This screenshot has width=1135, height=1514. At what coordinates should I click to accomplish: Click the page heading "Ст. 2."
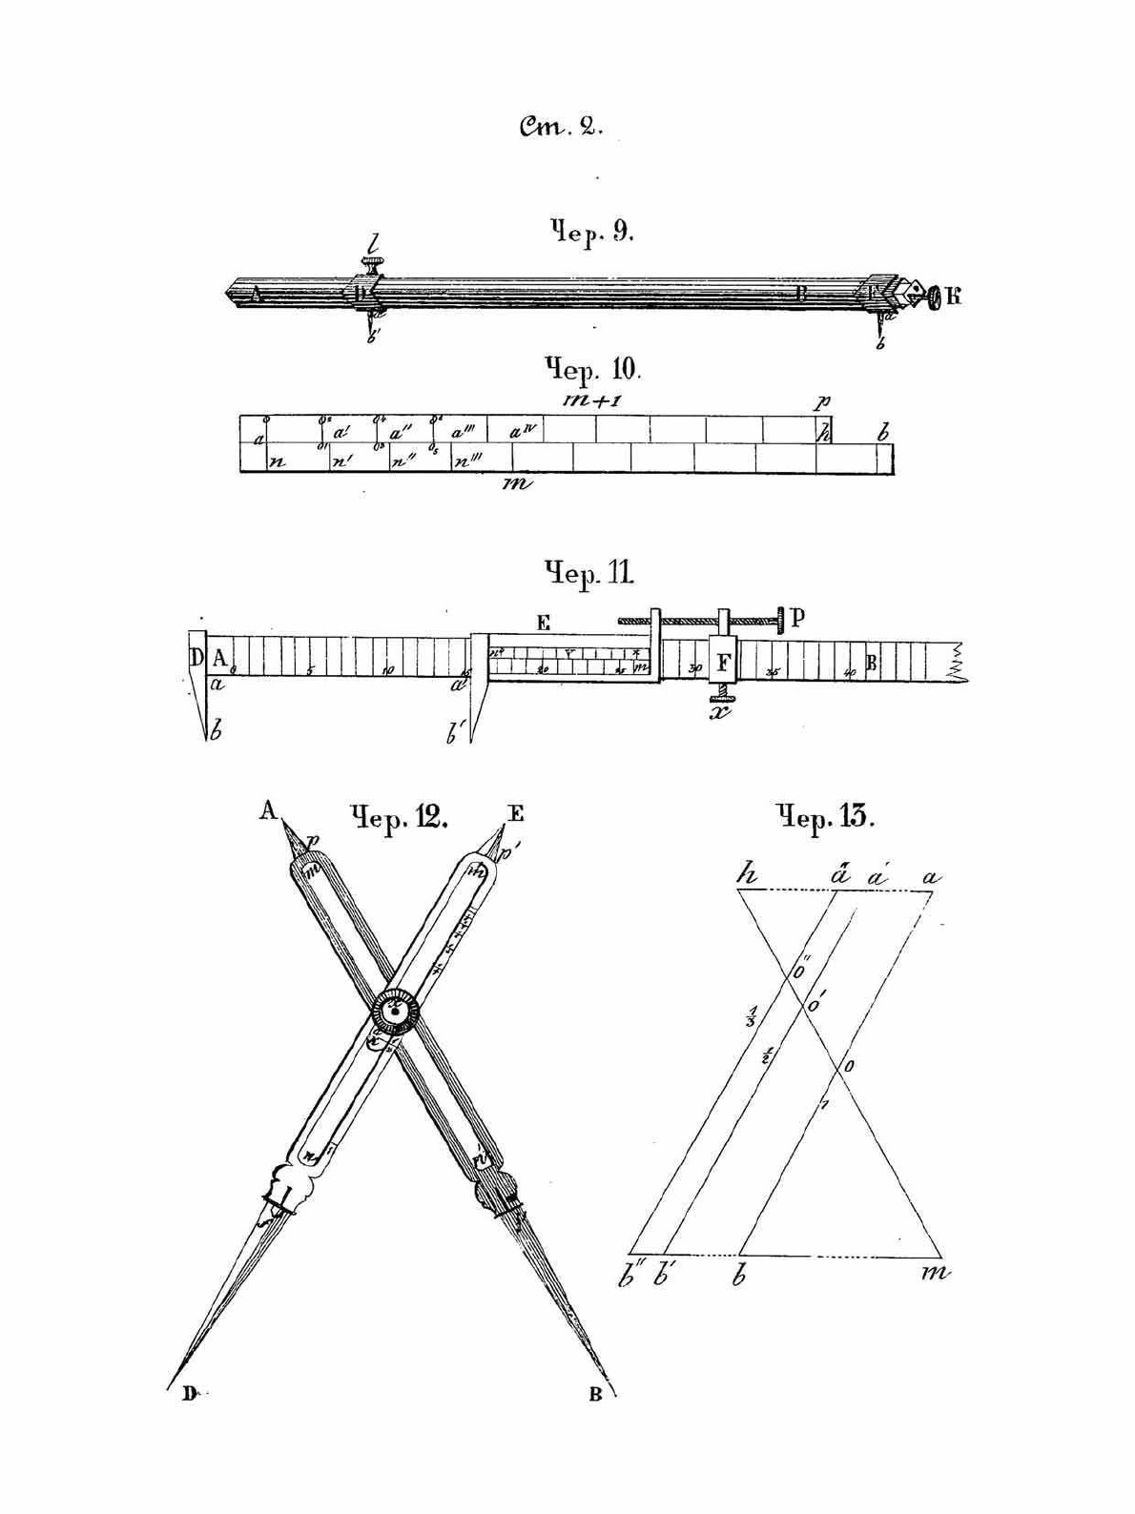561,127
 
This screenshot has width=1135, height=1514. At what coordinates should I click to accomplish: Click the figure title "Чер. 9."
591,232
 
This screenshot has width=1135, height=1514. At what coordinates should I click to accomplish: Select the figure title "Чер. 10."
594,369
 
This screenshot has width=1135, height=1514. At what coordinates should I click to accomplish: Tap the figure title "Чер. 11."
588,573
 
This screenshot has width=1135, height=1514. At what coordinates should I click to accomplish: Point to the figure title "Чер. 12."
399,818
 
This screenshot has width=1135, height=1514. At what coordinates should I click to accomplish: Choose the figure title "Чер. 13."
824,818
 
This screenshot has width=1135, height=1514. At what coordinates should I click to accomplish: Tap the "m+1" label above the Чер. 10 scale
592,401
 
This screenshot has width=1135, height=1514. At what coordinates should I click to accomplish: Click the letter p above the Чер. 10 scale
821,402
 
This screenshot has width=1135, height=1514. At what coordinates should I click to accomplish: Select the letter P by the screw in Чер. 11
797,618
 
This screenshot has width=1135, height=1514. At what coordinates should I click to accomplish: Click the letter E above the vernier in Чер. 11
544,624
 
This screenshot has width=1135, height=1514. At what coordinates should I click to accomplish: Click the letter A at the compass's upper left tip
268,810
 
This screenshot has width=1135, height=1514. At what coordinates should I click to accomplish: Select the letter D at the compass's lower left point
189,1394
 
